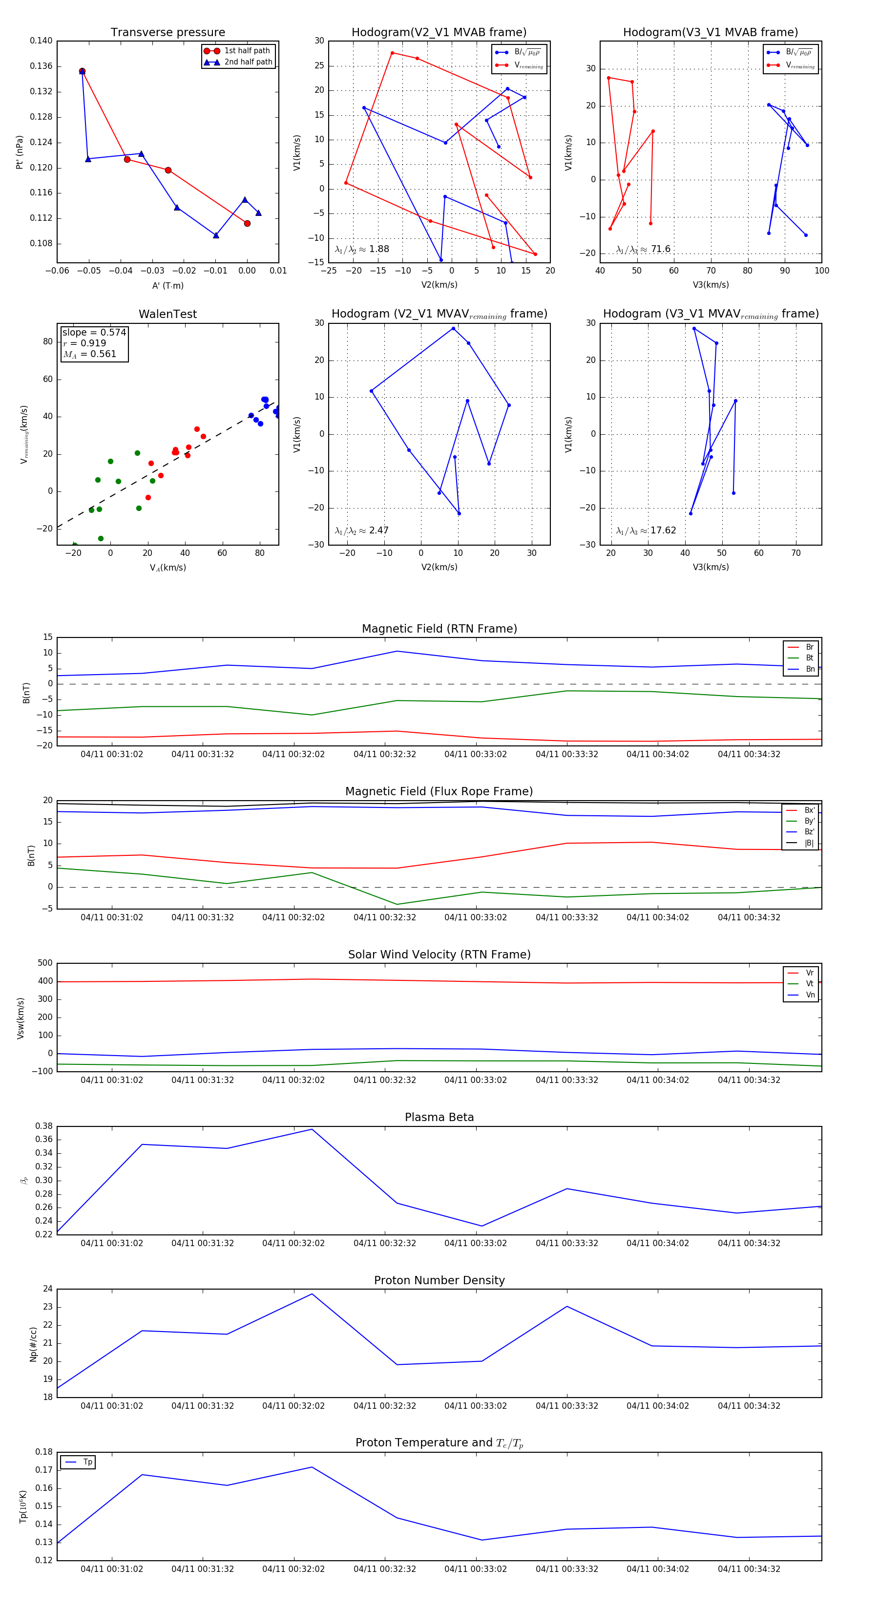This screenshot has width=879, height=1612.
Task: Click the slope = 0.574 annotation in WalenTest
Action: click(x=94, y=332)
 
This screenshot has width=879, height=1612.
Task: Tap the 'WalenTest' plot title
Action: click(x=167, y=314)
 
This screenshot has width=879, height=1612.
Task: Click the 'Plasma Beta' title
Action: click(x=439, y=1118)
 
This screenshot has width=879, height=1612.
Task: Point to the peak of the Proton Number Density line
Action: click(x=312, y=1294)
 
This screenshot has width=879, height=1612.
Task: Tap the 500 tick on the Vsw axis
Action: click(x=45, y=963)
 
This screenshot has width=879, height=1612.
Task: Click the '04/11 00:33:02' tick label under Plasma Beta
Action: click(x=476, y=1243)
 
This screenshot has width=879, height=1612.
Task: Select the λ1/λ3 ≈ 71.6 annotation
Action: click(x=643, y=249)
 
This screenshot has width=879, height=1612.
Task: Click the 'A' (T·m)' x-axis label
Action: click(x=167, y=285)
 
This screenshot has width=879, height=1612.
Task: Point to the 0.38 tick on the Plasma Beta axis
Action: click(x=44, y=1126)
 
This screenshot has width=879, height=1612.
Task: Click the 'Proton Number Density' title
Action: click(x=439, y=1280)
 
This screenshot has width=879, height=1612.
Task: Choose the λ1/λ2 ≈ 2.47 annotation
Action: click(x=361, y=530)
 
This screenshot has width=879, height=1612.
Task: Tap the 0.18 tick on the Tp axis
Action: click(x=44, y=1452)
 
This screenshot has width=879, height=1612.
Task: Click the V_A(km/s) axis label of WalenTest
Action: click(x=167, y=568)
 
